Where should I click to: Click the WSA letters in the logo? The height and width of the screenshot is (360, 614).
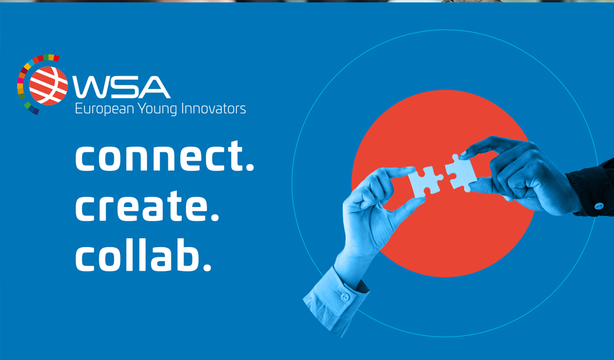click(x=121, y=87)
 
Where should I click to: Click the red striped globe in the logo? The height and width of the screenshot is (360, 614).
click(x=48, y=86)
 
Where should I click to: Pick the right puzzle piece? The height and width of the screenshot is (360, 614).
click(x=461, y=173)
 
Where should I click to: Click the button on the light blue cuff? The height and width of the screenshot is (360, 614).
click(x=345, y=298)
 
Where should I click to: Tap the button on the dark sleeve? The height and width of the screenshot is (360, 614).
click(x=599, y=206)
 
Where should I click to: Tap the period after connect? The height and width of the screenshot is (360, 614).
click(x=249, y=167)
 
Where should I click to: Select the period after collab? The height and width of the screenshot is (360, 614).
click(x=207, y=267)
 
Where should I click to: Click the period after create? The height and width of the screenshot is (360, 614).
click(x=215, y=217)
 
